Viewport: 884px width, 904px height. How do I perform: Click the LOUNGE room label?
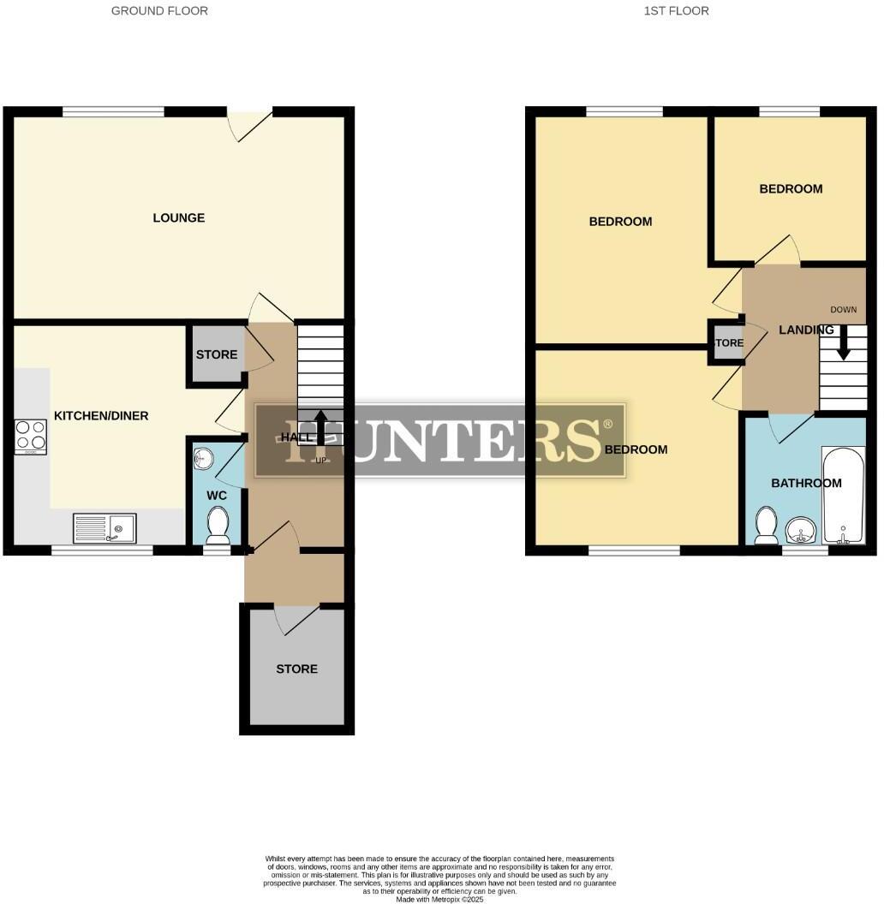pos(178,217)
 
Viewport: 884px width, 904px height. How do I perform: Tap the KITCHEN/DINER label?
pos(101,416)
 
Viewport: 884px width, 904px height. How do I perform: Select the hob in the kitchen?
pos(30,437)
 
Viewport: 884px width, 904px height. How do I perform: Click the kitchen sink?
pos(104,527)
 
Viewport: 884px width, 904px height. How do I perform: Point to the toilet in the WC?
pos(218,525)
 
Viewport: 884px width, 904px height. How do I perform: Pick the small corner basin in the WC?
pos(202,458)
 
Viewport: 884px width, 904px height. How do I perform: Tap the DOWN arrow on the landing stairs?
pos(843,343)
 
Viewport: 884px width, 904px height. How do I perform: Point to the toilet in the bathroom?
pos(767,524)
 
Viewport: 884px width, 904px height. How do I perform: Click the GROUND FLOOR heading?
pos(159,11)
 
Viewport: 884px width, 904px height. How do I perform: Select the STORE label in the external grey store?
pos(296,669)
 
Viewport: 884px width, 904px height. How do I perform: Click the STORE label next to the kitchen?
pos(216,354)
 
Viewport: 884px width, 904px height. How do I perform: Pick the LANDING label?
pos(805,330)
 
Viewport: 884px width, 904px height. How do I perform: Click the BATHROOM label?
pos(806,483)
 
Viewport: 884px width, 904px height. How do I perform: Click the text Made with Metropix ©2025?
pos(439,899)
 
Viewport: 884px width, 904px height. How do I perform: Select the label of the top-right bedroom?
pos(791,188)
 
